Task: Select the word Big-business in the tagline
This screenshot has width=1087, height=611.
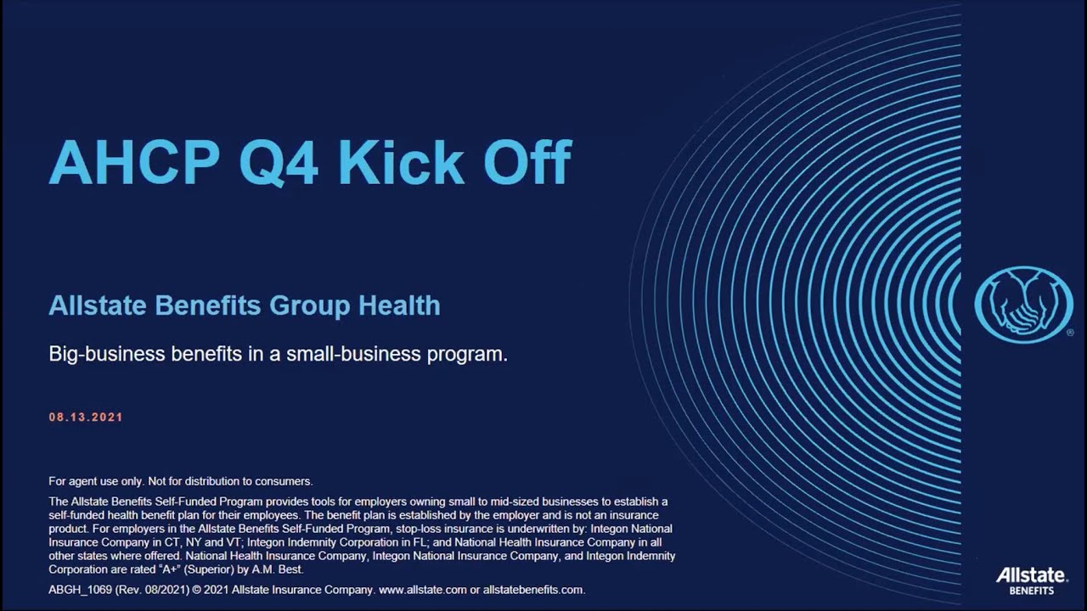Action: pos(108,354)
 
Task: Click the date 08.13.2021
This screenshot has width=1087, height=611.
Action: pos(86,418)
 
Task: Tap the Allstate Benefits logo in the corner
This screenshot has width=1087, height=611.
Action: pos(1031,581)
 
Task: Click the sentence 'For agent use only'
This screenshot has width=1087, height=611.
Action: pos(93,481)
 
